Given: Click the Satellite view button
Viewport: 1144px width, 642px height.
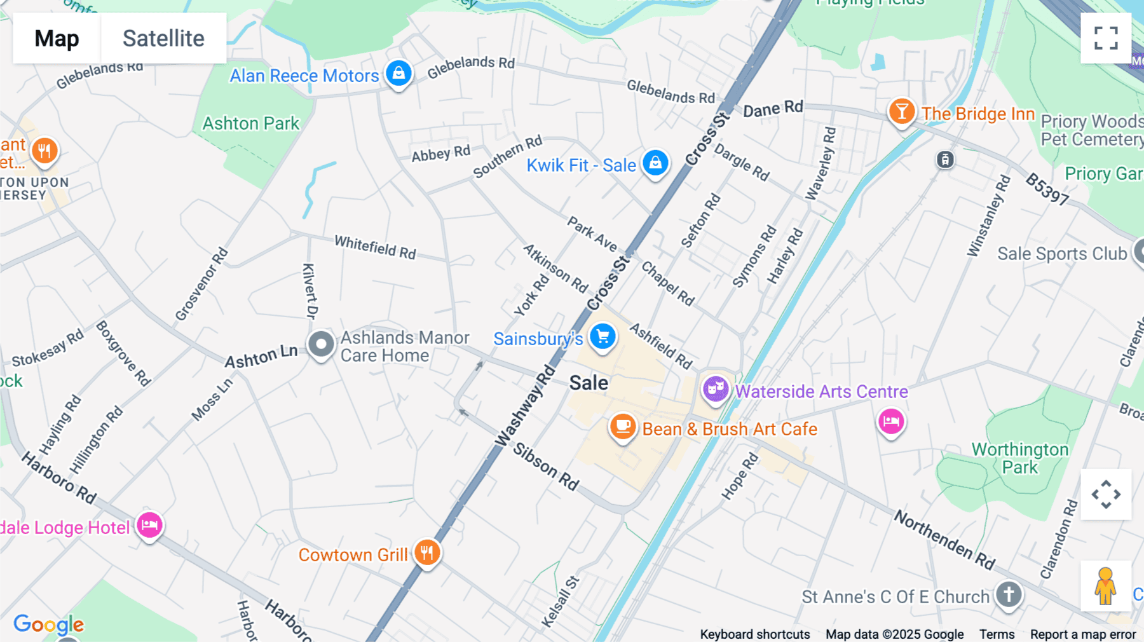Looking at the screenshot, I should (163, 38).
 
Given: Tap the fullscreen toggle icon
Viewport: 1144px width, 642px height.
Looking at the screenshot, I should (1106, 38).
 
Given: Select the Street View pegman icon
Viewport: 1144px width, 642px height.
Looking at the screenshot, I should (1105, 585).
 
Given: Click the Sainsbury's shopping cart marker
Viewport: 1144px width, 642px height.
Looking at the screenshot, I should (603, 336).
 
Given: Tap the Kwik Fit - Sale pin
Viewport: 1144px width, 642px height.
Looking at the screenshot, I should (655, 163).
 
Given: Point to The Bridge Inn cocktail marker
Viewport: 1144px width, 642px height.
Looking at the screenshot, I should (901, 112).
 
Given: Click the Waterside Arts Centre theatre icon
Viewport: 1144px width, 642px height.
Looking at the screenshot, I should (716, 388).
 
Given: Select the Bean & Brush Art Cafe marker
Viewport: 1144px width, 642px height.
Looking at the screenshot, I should (623, 427).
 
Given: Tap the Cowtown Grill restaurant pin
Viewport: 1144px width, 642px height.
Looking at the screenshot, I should (427, 552).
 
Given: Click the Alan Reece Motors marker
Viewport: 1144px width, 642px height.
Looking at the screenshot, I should (398, 73).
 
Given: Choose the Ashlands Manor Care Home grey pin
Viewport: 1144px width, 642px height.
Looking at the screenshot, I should (321, 345).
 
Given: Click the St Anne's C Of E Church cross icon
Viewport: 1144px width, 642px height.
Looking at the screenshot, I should (1009, 595).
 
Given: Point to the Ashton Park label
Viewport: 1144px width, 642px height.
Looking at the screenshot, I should (250, 123).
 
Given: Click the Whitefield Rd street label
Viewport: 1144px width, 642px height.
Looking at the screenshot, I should (375, 247).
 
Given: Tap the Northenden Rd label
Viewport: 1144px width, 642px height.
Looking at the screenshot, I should (944, 540).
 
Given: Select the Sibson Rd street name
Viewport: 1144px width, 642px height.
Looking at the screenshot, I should (546, 467).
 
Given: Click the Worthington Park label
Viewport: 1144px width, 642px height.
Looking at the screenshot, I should (1020, 458).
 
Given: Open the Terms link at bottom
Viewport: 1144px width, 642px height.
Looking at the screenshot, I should (997, 634).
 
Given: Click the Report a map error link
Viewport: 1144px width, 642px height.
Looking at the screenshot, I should (1083, 634).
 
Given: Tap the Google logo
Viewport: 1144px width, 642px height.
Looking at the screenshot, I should (48, 624).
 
